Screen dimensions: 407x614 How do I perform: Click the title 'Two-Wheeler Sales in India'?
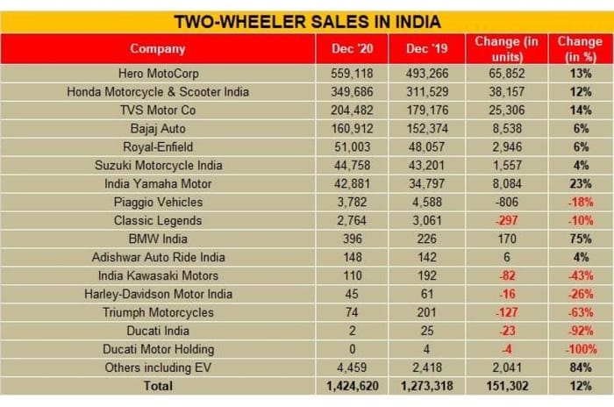tap(306, 21)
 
